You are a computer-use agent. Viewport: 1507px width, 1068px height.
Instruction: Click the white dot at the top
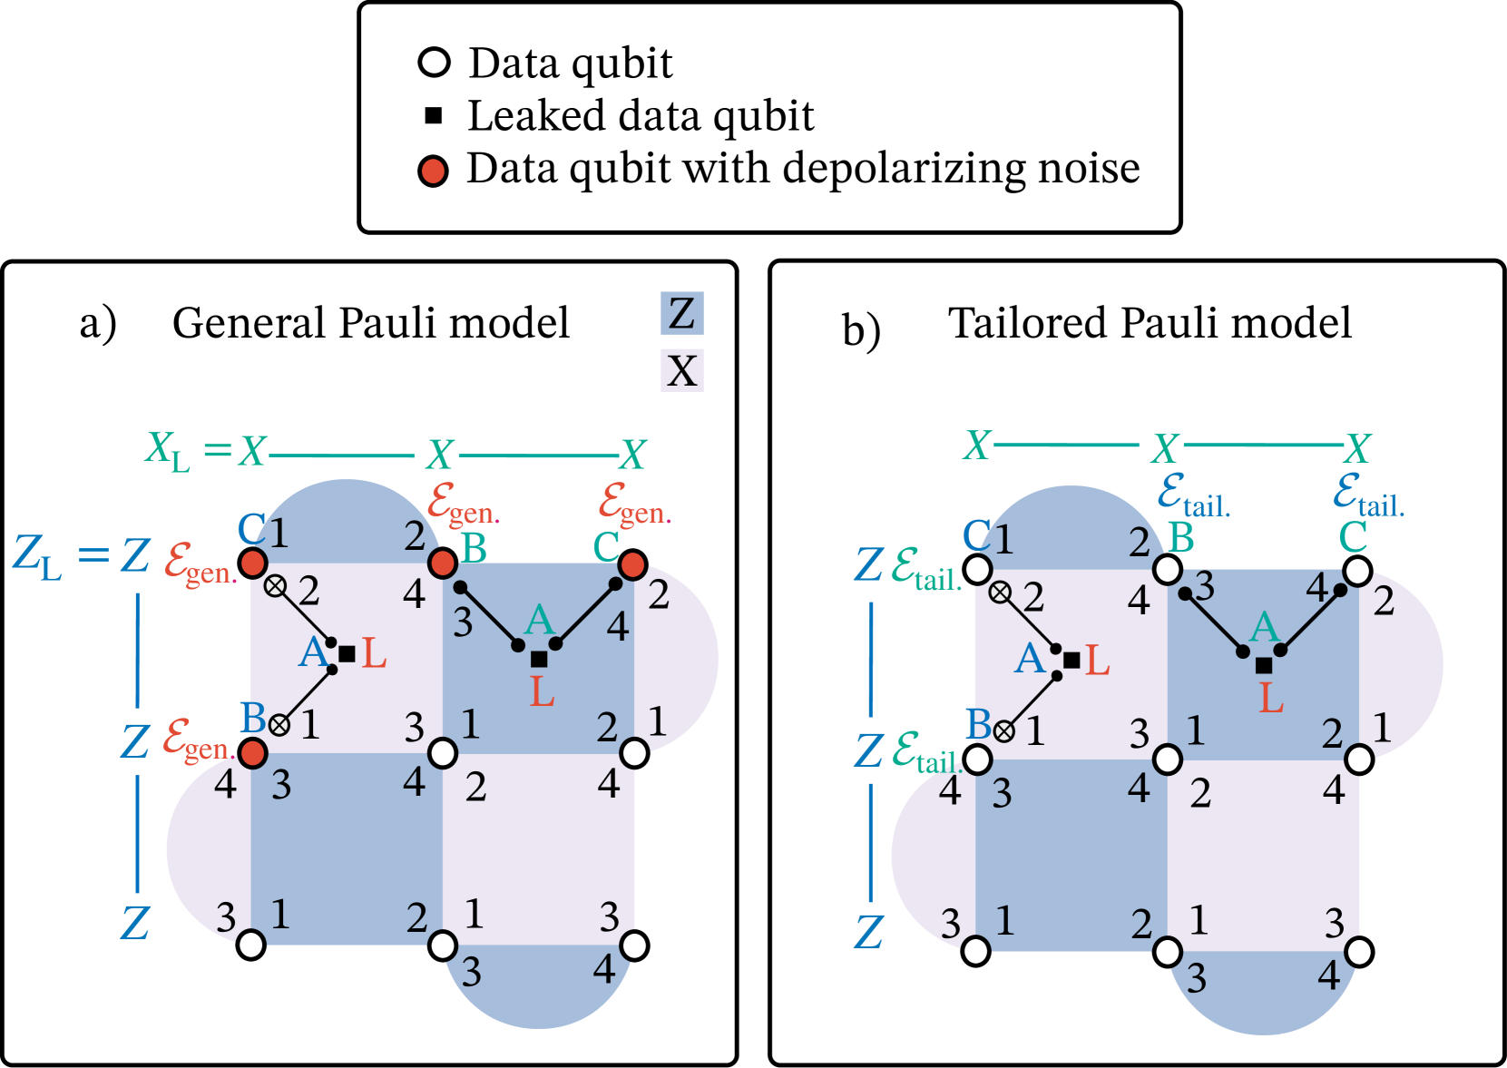[x=435, y=63]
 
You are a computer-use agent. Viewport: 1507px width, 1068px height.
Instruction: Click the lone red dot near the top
[x=434, y=171]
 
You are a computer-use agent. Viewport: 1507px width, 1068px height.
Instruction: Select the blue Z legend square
[x=681, y=313]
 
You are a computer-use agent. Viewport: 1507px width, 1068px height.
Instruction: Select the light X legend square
[x=681, y=370]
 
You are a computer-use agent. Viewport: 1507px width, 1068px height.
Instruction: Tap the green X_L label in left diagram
[x=169, y=450]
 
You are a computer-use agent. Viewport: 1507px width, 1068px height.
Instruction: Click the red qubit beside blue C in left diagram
[x=253, y=563]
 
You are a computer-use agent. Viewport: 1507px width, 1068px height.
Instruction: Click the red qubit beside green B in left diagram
[x=442, y=563]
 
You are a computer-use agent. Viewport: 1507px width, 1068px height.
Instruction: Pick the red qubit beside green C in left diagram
[x=632, y=565]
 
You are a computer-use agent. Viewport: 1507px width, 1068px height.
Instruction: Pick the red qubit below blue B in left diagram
[x=253, y=752]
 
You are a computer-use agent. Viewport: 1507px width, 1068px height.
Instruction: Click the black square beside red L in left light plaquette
[x=347, y=653]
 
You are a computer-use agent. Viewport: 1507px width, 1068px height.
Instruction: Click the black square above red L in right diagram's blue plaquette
[x=1264, y=665]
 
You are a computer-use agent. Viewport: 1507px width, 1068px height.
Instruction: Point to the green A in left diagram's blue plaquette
[x=540, y=621]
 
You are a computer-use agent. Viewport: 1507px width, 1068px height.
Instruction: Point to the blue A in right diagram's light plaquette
[x=1031, y=659]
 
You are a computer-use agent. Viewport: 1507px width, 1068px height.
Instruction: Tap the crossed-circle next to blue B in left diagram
[x=279, y=725]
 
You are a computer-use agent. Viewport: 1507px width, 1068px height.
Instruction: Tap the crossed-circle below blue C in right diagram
[x=1000, y=593]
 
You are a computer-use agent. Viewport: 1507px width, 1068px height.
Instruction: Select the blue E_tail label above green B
[x=1193, y=495]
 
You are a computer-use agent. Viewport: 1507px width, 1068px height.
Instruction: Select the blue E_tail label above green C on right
[x=1367, y=495]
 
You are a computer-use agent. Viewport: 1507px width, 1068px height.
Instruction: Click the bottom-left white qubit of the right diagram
[x=976, y=951]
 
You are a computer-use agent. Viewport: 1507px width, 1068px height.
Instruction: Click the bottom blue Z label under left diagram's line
[x=135, y=924]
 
